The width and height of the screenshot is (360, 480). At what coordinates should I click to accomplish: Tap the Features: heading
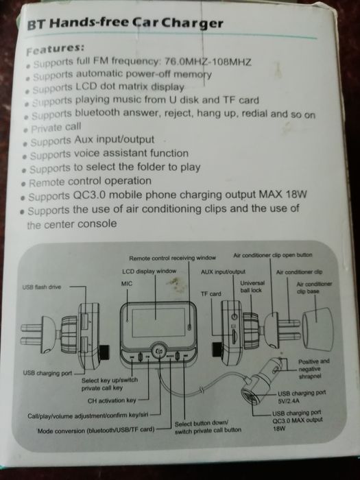tap(55, 49)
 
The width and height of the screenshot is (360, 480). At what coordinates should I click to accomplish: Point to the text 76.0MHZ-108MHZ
tap(208, 62)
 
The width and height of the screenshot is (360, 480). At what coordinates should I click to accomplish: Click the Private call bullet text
tap(56, 128)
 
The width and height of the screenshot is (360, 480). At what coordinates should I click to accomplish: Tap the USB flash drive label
tap(42, 287)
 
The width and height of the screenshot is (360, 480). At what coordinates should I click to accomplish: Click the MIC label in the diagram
tap(127, 284)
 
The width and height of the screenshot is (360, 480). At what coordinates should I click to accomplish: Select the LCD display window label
tap(149, 272)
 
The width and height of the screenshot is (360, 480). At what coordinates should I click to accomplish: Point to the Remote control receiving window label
tap(172, 258)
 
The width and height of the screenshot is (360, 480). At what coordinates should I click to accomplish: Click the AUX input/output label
tap(223, 272)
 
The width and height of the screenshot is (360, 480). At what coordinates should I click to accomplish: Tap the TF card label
tap(211, 294)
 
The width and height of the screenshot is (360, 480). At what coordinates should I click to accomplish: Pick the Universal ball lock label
tap(252, 287)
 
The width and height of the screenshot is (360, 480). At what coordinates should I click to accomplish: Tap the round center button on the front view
tap(159, 351)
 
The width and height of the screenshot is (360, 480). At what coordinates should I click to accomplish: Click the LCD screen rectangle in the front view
tap(158, 322)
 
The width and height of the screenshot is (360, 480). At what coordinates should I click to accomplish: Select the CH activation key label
tap(112, 400)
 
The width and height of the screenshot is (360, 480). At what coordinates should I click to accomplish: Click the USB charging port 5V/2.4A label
tap(302, 397)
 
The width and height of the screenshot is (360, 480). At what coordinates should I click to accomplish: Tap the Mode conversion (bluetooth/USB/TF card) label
tap(96, 430)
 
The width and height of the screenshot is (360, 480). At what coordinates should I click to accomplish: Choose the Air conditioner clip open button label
tap(273, 255)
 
